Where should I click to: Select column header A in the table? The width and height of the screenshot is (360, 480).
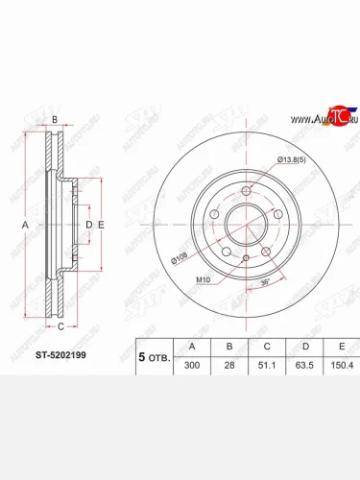click(x=193, y=347)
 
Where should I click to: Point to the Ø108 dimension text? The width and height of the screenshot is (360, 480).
click(x=180, y=257)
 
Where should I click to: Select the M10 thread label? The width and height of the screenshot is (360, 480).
click(x=204, y=279)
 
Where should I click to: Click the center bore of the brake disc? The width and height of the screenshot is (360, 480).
click(x=247, y=226)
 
